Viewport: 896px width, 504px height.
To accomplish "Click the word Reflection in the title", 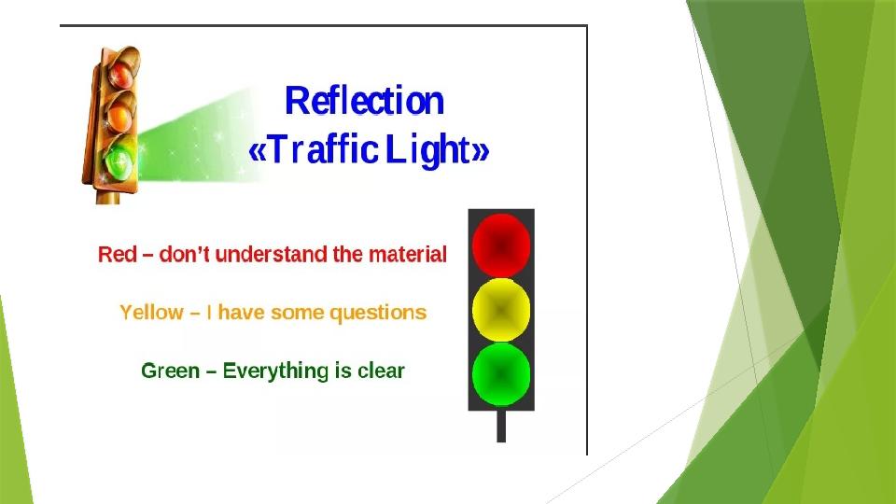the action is coord(364,101).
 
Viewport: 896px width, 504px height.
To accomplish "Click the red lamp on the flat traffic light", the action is coord(501,245).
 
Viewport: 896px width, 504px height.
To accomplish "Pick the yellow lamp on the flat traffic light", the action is coord(501,310).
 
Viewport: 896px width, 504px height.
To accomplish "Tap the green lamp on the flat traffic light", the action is coord(501,374).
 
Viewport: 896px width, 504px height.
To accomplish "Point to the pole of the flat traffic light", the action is coord(501,427).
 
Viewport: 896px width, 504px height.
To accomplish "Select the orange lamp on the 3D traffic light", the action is coord(119,119).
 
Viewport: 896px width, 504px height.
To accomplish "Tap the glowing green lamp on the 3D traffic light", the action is coord(119,161).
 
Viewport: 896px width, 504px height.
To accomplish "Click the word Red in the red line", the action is coord(118,254).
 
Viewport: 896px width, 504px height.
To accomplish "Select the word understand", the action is coord(272,254).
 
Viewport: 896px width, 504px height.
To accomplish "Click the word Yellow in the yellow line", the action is coord(151,313).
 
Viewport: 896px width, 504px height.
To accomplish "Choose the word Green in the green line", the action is coord(170,371).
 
